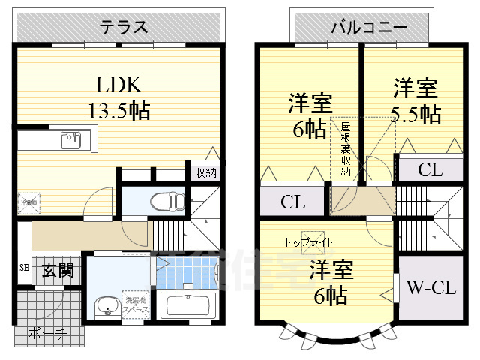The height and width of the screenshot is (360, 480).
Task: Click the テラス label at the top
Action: (x=124, y=28)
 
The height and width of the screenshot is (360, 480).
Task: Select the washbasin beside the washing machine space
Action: (x=104, y=306)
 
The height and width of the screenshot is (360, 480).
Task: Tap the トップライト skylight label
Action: (x=308, y=242)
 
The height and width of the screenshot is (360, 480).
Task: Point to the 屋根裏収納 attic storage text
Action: (x=345, y=150)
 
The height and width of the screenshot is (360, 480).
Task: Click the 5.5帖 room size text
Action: (x=414, y=114)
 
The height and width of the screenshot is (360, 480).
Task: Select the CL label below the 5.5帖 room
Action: (x=430, y=170)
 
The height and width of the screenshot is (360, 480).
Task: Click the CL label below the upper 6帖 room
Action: (x=292, y=202)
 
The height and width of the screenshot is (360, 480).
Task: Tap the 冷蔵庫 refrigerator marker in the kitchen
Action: (x=28, y=202)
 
